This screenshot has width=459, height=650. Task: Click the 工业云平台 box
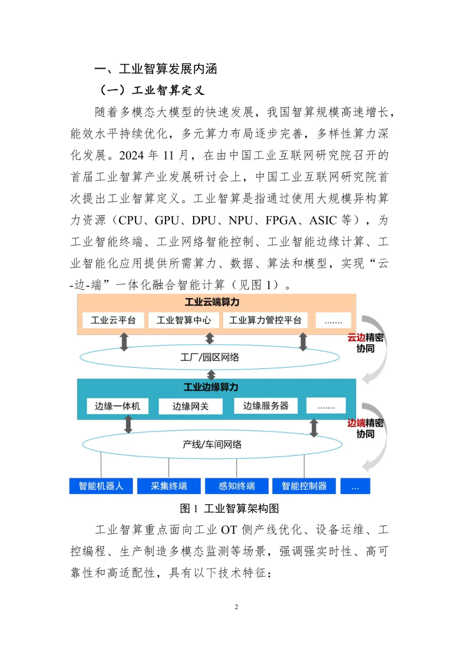[x=113, y=320]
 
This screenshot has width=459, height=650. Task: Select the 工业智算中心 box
[x=184, y=320]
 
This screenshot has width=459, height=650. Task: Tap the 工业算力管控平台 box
[x=265, y=320]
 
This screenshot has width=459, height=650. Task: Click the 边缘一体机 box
[x=117, y=406]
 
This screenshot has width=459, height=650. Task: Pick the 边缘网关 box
[x=190, y=406]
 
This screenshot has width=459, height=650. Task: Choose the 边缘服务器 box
[x=266, y=406]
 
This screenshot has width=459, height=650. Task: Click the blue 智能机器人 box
[x=101, y=486]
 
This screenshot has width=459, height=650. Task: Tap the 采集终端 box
[x=169, y=486]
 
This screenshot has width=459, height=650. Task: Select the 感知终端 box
[x=237, y=486]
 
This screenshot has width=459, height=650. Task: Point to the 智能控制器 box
[x=304, y=486]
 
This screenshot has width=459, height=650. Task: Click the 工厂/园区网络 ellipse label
[x=210, y=357]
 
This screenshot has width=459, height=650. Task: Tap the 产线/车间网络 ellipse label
[x=212, y=444]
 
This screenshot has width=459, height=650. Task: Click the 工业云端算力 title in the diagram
[x=212, y=302]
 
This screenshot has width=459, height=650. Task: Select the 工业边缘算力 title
[x=211, y=387]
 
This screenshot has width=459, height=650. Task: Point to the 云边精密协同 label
[x=365, y=343]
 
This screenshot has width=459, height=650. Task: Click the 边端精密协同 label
[x=365, y=428]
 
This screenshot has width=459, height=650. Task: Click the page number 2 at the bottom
[x=236, y=607]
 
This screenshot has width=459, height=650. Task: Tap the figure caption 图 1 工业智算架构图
[x=229, y=508]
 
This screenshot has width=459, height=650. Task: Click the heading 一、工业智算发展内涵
[x=156, y=69]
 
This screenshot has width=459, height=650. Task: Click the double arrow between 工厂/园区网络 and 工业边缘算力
[x=211, y=375]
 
